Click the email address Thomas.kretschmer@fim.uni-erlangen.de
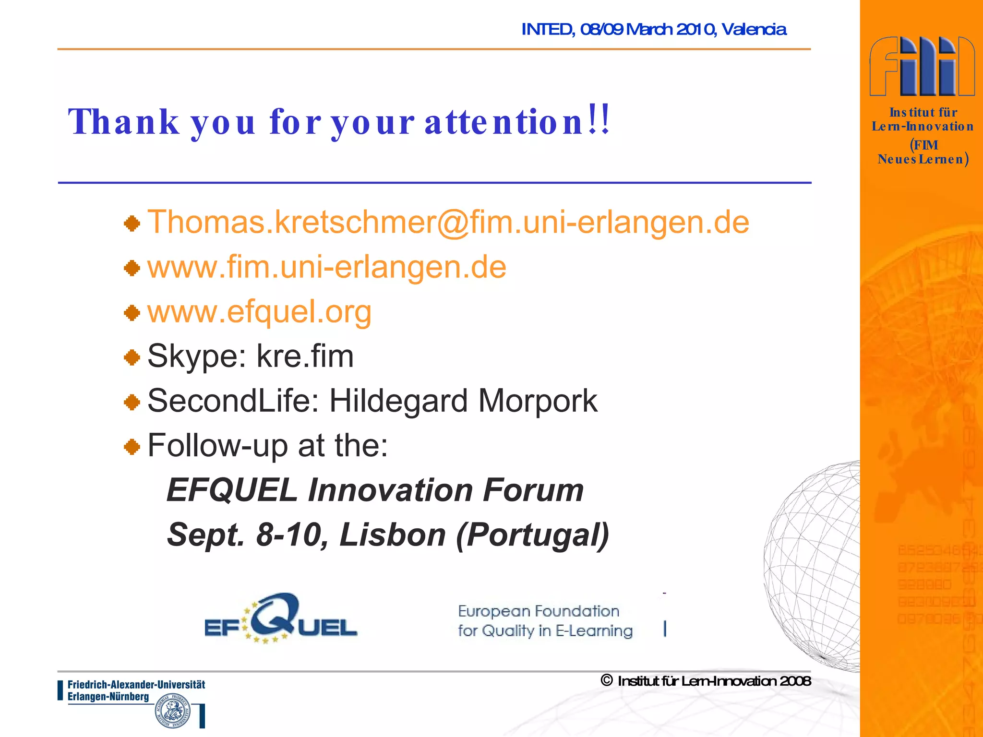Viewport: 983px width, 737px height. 448,223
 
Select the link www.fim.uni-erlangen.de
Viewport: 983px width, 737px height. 326,267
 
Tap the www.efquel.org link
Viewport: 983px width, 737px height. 259,312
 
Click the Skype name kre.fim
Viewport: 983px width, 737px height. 305,357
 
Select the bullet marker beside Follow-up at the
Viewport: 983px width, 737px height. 132,447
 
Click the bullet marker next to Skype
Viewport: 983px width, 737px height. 132,357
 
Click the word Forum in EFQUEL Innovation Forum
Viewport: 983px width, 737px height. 533,490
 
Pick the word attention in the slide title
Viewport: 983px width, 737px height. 504,122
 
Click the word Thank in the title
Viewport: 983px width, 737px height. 123,122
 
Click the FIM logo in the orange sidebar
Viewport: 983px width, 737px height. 922,66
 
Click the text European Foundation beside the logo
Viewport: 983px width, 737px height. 539,611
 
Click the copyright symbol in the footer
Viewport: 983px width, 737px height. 607,680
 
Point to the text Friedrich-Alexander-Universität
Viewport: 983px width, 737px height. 136,685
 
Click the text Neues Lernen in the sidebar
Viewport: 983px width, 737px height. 921,159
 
